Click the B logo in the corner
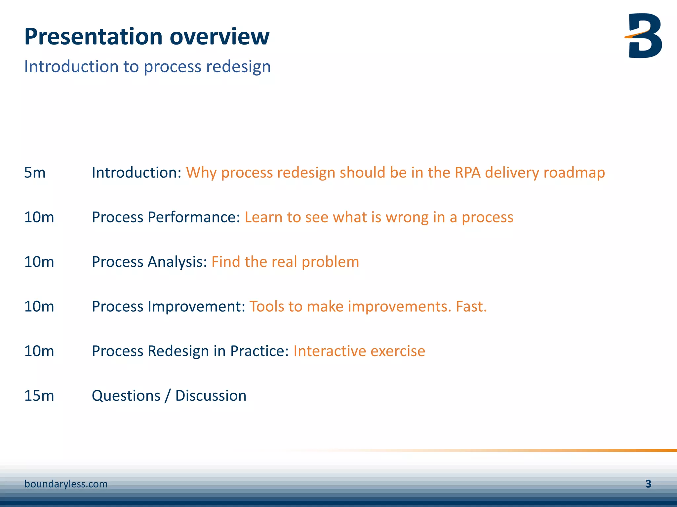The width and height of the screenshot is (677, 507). pyautogui.click(x=644, y=36)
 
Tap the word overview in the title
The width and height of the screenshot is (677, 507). pyautogui.click(x=219, y=36)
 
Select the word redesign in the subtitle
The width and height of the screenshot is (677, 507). pyautogui.click(x=238, y=67)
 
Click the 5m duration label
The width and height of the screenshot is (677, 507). pyautogui.click(x=35, y=173)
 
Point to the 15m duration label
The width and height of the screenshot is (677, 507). pyautogui.click(x=39, y=395)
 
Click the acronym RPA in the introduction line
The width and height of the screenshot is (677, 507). pyautogui.click(x=467, y=173)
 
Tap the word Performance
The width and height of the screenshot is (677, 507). pyautogui.click(x=194, y=217)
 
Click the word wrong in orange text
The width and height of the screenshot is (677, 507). pyautogui.click(x=407, y=217)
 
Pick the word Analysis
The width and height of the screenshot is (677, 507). pyautogui.click(x=177, y=262)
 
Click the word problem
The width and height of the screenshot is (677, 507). pyautogui.click(x=330, y=262)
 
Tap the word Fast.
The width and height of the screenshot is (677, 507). pyautogui.click(x=471, y=306)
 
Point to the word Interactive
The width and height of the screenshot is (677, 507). pyautogui.click(x=330, y=351)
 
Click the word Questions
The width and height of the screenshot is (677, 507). pyautogui.click(x=126, y=395)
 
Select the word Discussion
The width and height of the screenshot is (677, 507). pyautogui.click(x=211, y=395)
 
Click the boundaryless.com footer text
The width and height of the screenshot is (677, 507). pyautogui.click(x=66, y=484)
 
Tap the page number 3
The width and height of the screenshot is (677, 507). pyautogui.click(x=648, y=484)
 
